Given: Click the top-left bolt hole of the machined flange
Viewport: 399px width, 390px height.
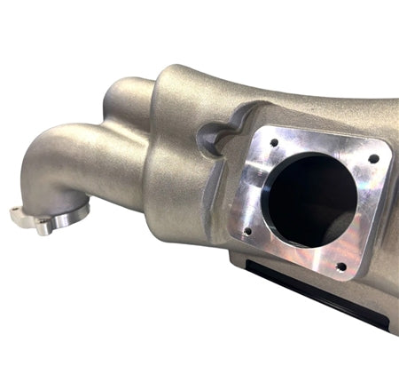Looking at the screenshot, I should click(274, 141).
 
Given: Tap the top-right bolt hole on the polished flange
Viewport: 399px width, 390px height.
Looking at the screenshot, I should click(373, 159).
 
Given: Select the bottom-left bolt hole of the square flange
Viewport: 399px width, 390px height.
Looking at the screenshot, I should click(247, 232).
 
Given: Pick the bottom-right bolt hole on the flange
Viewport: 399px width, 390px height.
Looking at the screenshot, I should click(340, 265).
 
